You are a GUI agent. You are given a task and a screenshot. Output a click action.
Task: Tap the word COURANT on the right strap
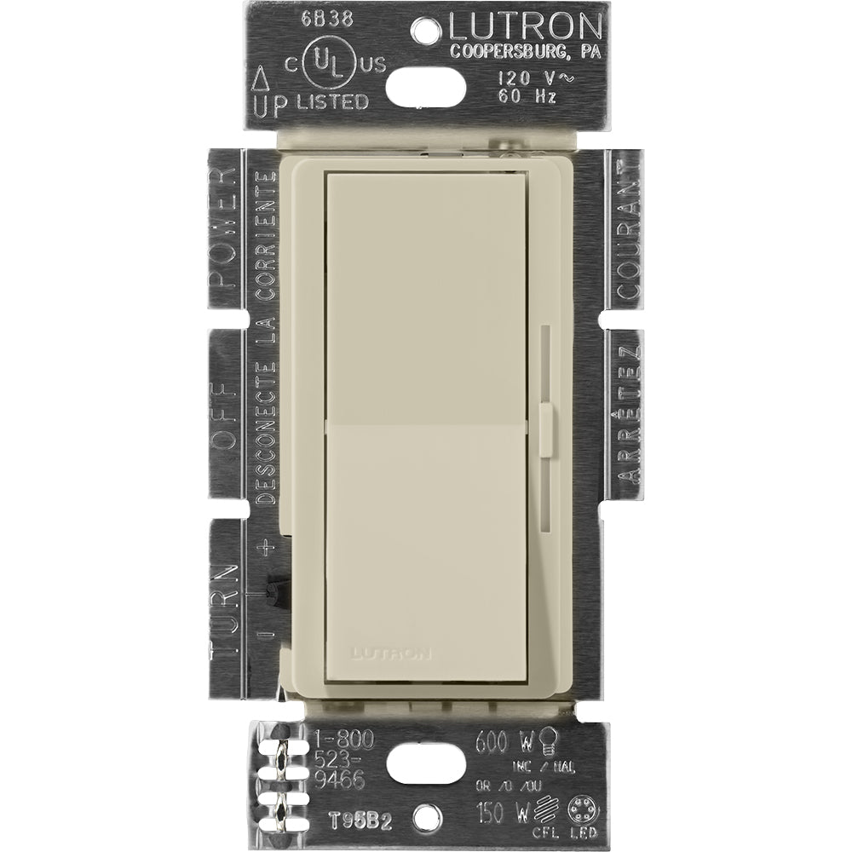629,229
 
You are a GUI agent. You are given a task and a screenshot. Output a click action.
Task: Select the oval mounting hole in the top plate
426,83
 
